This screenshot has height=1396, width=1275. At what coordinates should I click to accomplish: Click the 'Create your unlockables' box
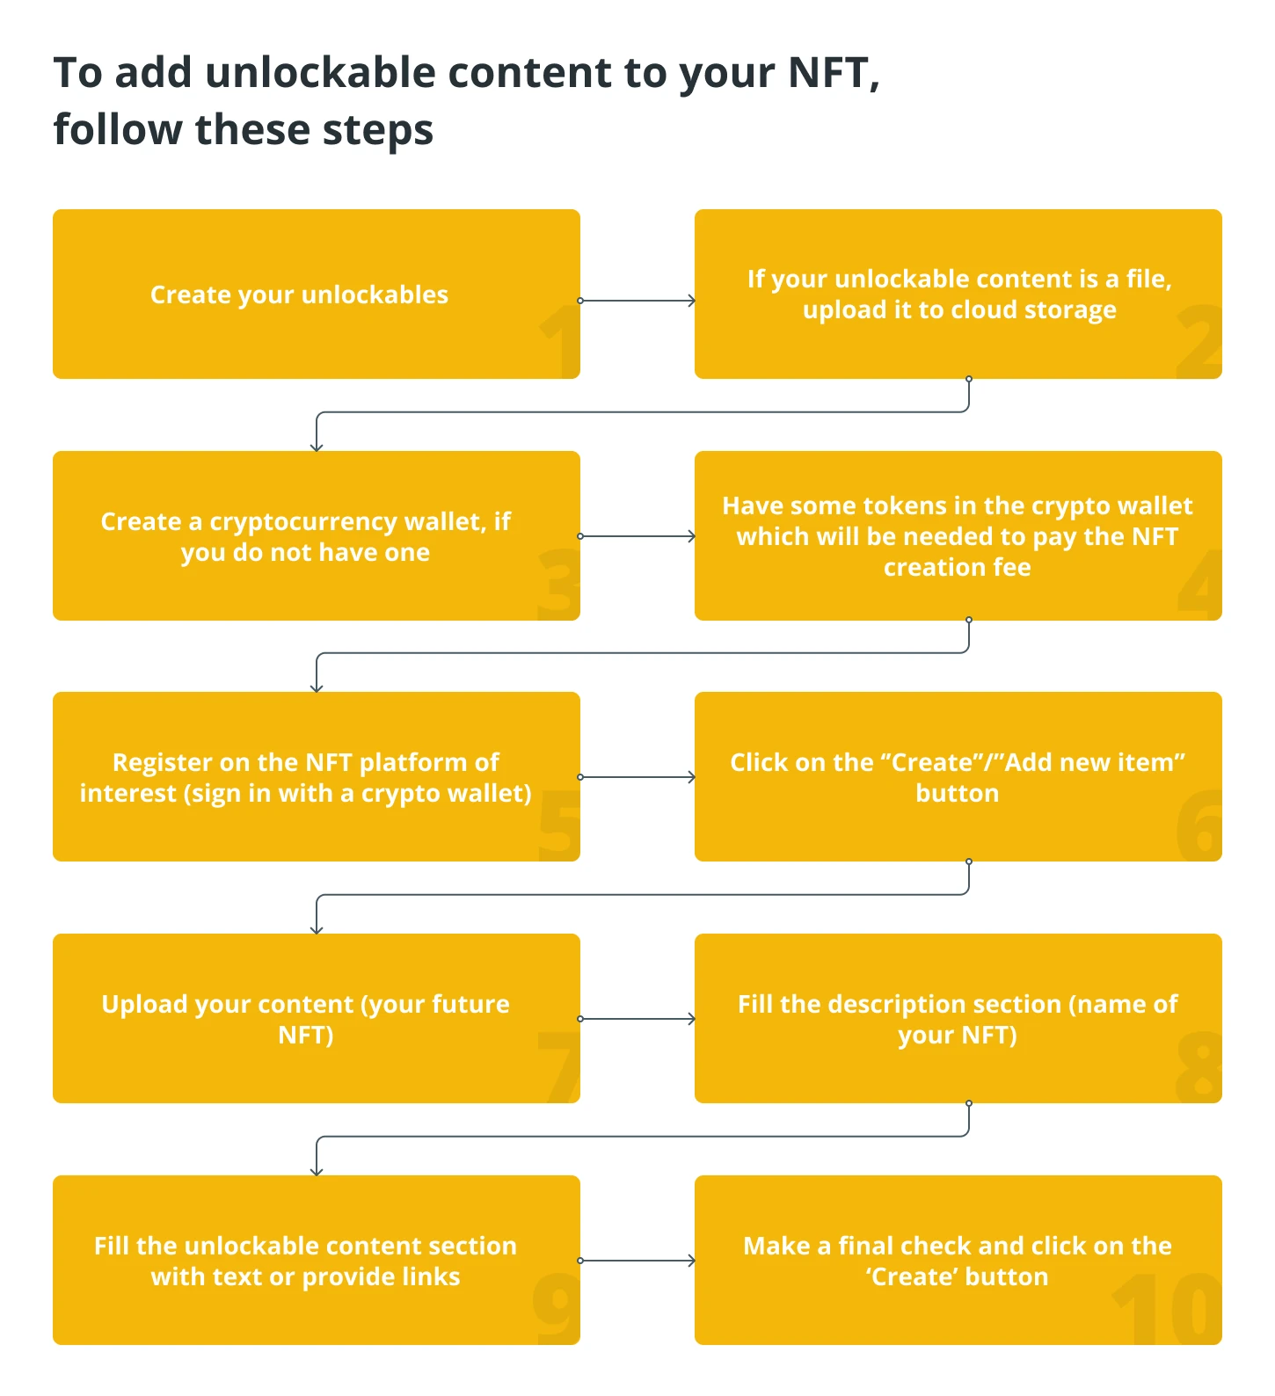point(317,294)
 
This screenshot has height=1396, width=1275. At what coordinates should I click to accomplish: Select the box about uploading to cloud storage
point(958,294)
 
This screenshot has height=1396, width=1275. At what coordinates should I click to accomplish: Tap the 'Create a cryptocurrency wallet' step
point(317,535)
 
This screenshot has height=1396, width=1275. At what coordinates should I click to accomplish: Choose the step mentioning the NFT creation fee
point(958,535)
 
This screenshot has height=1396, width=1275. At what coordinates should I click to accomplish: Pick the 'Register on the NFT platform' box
point(317,776)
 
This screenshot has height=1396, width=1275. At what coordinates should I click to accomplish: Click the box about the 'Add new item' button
point(958,776)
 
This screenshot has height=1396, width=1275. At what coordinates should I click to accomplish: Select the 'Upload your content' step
point(317,1018)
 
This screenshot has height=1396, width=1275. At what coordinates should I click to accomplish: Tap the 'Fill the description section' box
point(958,1018)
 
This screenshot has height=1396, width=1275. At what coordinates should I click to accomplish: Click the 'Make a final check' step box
point(958,1260)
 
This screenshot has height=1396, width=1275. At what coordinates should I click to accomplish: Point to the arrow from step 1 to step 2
point(637,301)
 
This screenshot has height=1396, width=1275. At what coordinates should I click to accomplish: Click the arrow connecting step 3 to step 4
point(637,536)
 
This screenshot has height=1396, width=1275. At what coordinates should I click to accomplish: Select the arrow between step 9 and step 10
point(637,1261)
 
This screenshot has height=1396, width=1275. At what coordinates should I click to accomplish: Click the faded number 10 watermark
point(1168,1310)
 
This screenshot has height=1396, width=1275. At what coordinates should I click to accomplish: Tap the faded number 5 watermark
point(559,825)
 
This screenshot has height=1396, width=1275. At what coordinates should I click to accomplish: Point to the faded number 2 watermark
point(1199,342)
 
